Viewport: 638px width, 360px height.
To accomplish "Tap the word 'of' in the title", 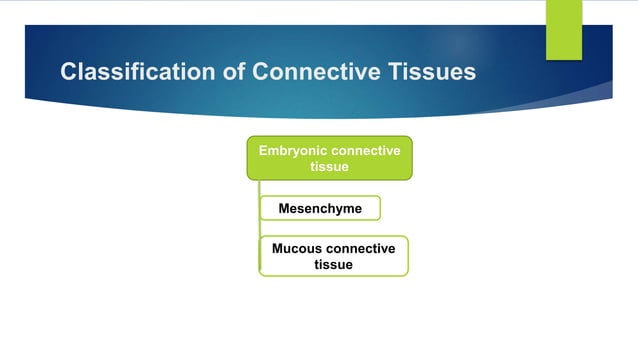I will coord(221,72).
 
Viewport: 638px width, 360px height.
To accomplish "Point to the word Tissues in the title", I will coord(427,72).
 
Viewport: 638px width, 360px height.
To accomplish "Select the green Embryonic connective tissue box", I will coord(329,158).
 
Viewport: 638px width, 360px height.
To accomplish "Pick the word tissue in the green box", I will coord(329,167).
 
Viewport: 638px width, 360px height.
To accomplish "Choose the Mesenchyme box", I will coord(320,208).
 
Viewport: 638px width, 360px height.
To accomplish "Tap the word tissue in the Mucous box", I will coord(333,265).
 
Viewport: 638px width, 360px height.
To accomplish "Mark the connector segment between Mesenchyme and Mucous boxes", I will coord(259,228).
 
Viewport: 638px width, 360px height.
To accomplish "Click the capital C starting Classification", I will coord(69,72).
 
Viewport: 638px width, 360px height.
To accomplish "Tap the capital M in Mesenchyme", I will coord(283,208).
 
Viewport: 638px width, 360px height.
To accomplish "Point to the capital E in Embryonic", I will coord(263,151).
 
